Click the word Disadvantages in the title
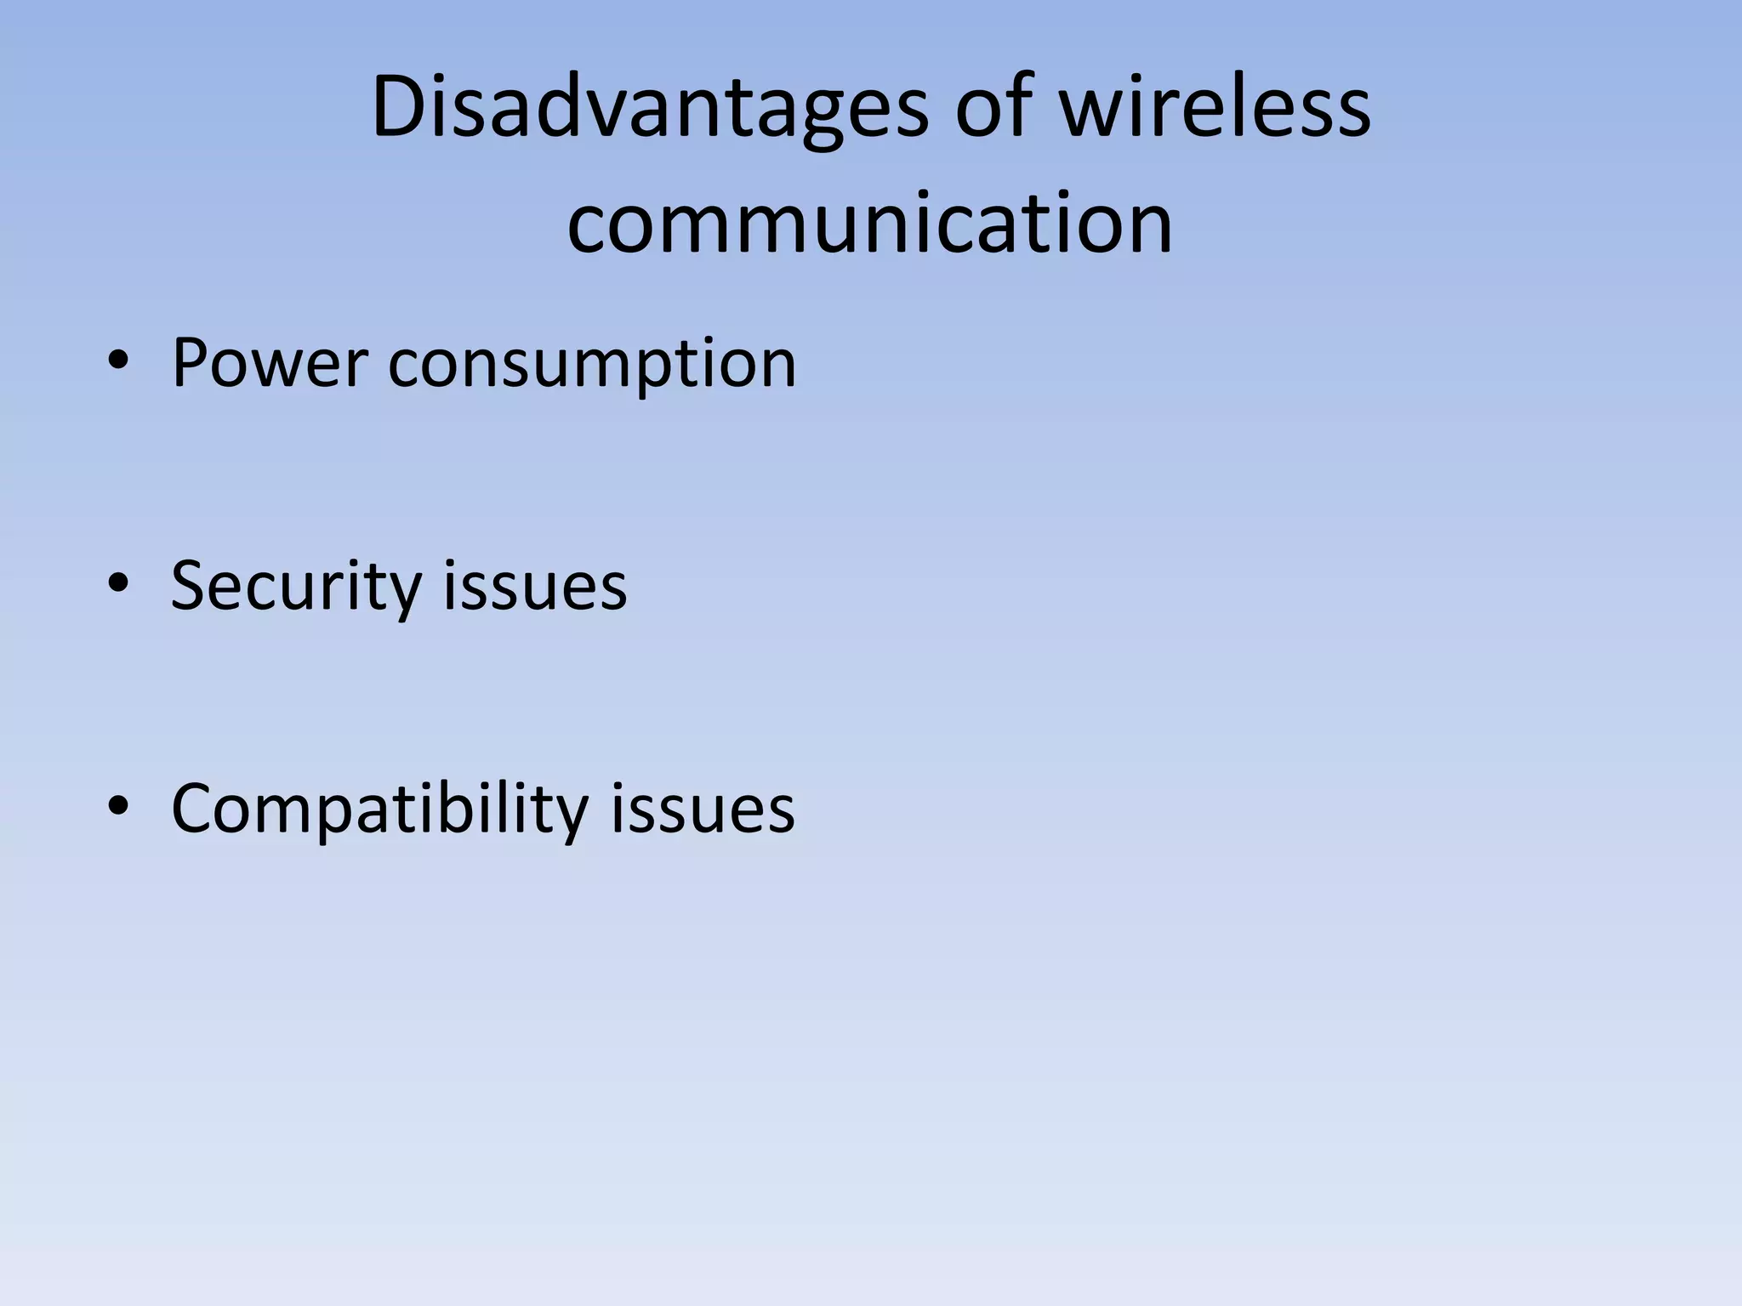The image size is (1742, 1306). [651, 109]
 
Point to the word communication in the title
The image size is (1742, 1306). [869, 223]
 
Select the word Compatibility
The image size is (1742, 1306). [379, 809]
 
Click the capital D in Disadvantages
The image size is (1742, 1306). [398, 107]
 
